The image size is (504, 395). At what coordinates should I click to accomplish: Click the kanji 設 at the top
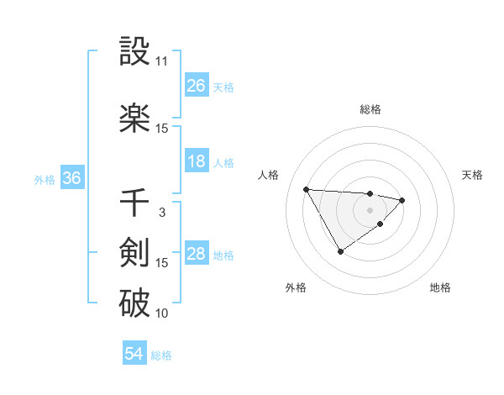[x=135, y=52]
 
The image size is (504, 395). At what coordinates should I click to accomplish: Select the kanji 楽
[x=135, y=118]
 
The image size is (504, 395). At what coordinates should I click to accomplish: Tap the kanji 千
[x=135, y=202]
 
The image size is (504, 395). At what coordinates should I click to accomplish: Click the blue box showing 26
[x=197, y=86]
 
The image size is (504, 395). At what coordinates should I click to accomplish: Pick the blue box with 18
[x=197, y=161]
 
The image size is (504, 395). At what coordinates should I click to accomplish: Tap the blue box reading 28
[x=197, y=254]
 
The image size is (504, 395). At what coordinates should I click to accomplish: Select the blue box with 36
[x=71, y=178]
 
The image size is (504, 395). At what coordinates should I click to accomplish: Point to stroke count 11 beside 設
[x=161, y=61]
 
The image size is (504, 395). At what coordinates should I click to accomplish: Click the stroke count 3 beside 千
[x=162, y=213]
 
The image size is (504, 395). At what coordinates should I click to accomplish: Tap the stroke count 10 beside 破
[x=161, y=313]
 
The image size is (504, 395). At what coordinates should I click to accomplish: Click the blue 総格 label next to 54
[x=161, y=355]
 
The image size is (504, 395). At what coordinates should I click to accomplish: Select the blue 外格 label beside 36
[x=45, y=179]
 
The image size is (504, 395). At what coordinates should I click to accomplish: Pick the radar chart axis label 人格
[x=269, y=175]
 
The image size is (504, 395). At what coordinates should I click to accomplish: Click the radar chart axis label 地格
[x=440, y=287]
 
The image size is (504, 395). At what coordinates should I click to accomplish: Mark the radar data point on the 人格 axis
[x=307, y=188]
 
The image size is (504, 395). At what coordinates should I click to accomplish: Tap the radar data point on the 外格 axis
[x=340, y=251]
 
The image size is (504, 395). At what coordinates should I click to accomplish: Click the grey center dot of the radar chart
[x=370, y=208]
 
